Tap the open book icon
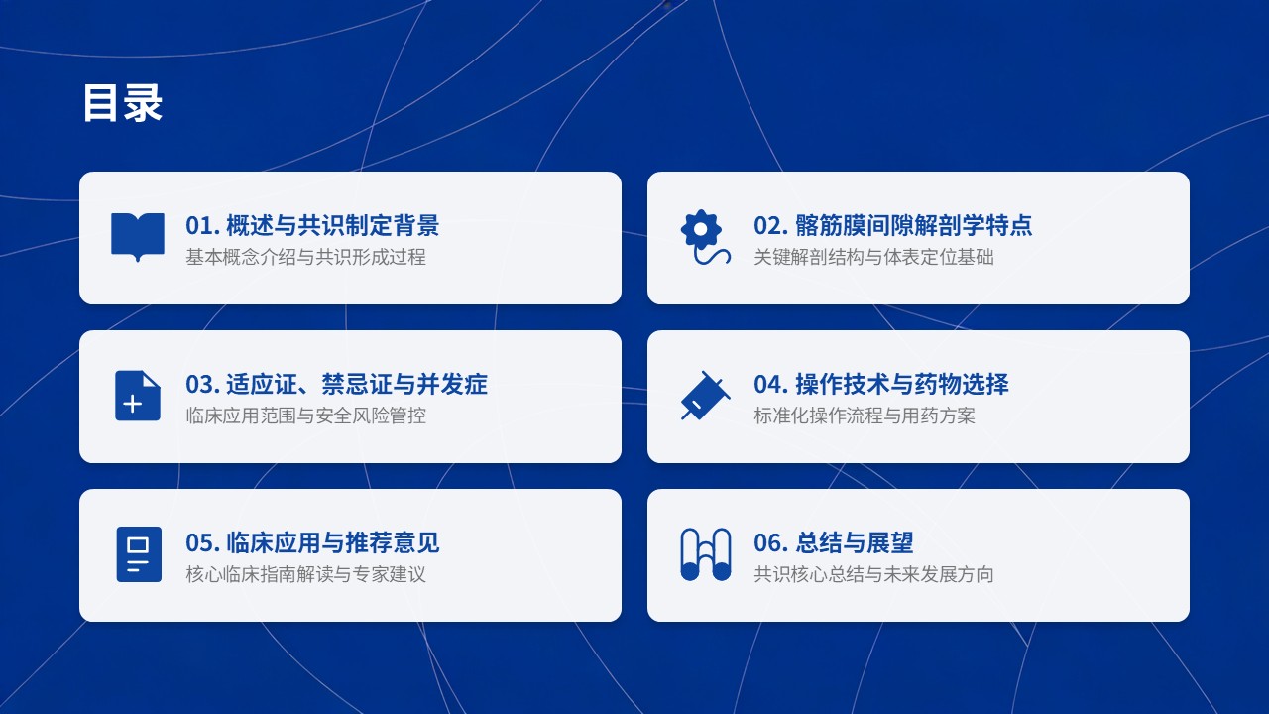(x=138, y=236)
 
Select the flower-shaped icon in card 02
(x=705, y=237)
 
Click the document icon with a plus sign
(x=138, y=396)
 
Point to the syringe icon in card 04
(x=705, y=396)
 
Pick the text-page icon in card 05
(x=139, y=554)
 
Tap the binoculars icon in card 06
(x=705, y=554)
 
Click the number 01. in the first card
(x=202, y=225)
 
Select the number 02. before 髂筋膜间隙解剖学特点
(x=770, y=225)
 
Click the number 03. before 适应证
(x=202, y=384)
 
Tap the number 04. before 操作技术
(x=770, y=384)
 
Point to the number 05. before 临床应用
(x=202, y=542)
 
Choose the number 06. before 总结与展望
(x=770, y=542)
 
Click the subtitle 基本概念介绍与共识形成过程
(x=306, y=257)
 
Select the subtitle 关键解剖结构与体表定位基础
(x=873, y=257)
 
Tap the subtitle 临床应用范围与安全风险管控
(x=306, y=416)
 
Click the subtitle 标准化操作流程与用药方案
(x=865, y=416)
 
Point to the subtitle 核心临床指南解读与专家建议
(x=306, y=574)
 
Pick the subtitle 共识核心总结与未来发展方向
(x=873, y=574)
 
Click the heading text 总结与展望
(x=855, y=542)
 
